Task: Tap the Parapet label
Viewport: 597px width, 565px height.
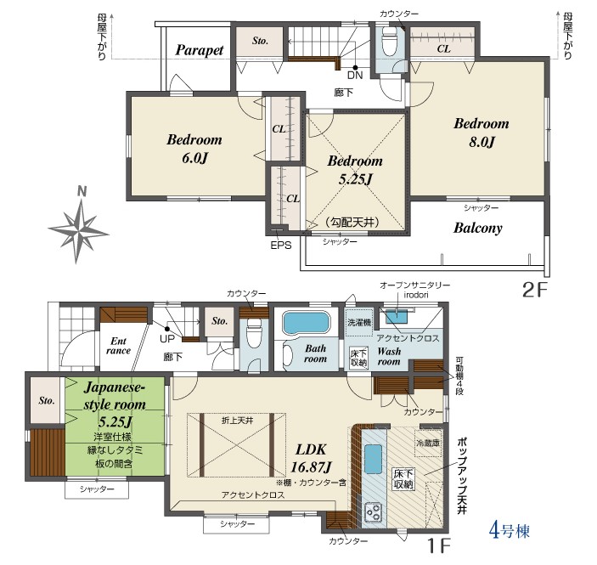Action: tap(199, 50)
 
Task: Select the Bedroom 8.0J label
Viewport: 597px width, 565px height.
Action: tap(482, 133)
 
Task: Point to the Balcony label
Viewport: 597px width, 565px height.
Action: tap(478, 228)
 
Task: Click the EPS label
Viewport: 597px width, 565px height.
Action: tap(281, 246)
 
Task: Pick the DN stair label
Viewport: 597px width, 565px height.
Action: tap(355, 75)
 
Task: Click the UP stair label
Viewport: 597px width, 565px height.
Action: tap(167, 339)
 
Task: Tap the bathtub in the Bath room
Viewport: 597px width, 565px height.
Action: tap(306, 323)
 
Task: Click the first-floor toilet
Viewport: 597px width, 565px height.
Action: tap(255, 331)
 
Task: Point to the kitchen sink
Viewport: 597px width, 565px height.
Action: tap(373, 459)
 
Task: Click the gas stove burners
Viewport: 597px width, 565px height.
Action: tap(374, 512)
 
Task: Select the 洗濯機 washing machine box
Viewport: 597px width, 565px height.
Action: tap(358, 322)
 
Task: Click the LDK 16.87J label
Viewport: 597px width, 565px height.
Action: tap(311, 458)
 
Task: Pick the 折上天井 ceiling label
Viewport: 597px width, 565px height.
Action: tap(238, 421)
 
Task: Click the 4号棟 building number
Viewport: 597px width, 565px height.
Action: tap(509, 531)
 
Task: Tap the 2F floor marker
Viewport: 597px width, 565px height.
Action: tap(535, 291)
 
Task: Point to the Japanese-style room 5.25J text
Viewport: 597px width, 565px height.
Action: tap(115, 404)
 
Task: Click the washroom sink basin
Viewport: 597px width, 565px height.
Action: tap(397, 317)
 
